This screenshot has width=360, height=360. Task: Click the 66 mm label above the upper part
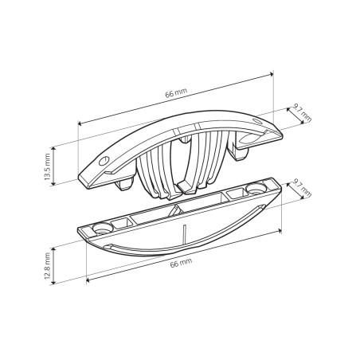[x=176, y=92]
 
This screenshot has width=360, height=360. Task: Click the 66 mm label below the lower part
[x=181, y=263]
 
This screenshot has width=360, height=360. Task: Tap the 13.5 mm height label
[x=47, y=166]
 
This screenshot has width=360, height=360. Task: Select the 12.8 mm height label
[x=47, y=266]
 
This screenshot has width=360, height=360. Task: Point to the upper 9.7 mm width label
[x=302, y=113]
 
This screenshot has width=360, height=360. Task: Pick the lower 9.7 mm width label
[x=302, y=188]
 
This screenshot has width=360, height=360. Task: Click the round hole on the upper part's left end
[x=104, y=161]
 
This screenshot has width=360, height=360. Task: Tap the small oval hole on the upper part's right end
[x=257, y=121]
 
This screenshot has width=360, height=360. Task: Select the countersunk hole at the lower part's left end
[x=102, y=228]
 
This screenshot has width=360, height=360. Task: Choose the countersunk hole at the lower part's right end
[x=256, y=189]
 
